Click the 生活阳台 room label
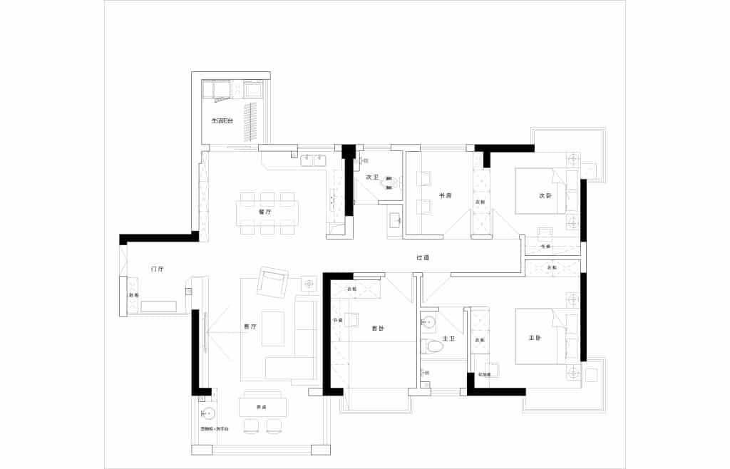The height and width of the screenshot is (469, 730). (222, 121)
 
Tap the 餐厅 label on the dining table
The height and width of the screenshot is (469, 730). (265, 211)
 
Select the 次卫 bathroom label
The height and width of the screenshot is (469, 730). (371, 177)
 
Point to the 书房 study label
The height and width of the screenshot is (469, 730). (444, 195)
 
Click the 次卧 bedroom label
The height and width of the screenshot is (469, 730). (546, 195)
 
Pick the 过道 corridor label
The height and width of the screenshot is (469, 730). (423, 257)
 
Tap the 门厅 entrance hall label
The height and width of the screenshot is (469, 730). (158, 269)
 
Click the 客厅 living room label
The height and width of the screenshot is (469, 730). (250, 327)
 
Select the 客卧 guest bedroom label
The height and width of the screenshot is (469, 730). (378, 329)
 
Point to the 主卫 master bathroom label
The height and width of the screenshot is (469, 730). (448, 339)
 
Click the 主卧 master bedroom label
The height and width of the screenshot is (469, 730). (535, 338)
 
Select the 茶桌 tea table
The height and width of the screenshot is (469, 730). (262, 407)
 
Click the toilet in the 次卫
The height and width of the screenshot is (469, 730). (389, 183)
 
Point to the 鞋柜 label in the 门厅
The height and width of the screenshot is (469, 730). (132, 295)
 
